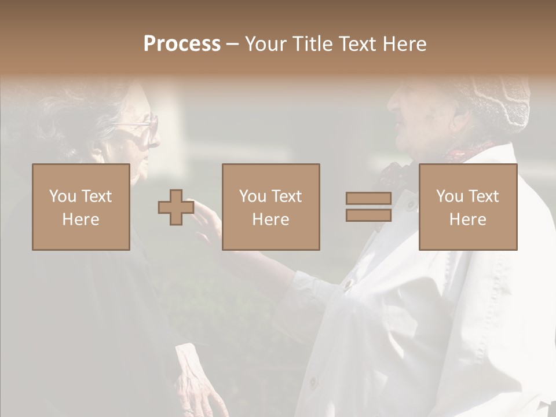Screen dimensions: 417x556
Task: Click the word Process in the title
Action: click(182, 44)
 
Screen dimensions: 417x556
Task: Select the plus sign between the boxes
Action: click(176, 207)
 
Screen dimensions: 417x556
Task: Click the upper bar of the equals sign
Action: click(368, 199)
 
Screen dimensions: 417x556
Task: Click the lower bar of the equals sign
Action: click(368, 215)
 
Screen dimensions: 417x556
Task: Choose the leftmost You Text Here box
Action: click(81, 207)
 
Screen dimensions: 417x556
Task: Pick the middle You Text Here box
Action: click(271, 207)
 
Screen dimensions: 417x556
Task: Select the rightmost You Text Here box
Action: click(468, 207)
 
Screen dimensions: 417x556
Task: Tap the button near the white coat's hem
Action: click(313, 383)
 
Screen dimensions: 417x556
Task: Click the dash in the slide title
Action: click(233, 44)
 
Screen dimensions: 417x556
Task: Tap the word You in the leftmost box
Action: click(62, 196)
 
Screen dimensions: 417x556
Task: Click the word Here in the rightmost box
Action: click(468, 220)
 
